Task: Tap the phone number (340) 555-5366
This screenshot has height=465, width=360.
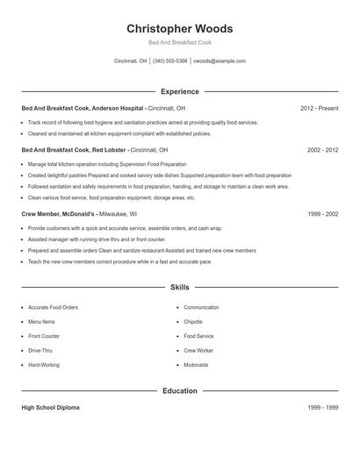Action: pyautogui.click(x=169, y=61)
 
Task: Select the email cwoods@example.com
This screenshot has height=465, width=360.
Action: pyautogui.click(x=220, y=61)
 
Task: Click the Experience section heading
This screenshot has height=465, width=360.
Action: pyautogui.click(x=179, y=91)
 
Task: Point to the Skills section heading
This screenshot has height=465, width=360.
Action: pyautogui.click(x=179, y=287)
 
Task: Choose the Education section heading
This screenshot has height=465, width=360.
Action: pyautogui.click(x=179, y=390)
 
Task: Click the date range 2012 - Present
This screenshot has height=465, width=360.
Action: pyautogui.click(x=319, y=108)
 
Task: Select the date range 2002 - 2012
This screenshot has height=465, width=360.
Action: pyautogui.click(x=322, y=150)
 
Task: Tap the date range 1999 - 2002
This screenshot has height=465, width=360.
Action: pyautogui.click(x=322, y=213)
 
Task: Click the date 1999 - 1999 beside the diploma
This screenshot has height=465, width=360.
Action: pyautogui.click(x=322, y=408)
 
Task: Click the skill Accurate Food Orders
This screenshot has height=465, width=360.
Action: pyautogui.click(x=53, y=308)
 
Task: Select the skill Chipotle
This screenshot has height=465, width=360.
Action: pyautogui.click(x=194, y=322)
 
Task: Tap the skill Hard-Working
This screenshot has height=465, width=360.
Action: pyautogui.click(x=44, y=364)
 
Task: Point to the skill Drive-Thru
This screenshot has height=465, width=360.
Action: pyautogui.click(x=40, y=350)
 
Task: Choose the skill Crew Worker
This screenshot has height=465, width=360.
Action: pyautogui.click(x=198, y=350)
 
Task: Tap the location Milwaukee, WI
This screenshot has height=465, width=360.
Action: pyautogui.click(x=118, y=213)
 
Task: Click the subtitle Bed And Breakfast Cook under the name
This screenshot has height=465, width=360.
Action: pyautogui.click(x=179, y=42)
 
